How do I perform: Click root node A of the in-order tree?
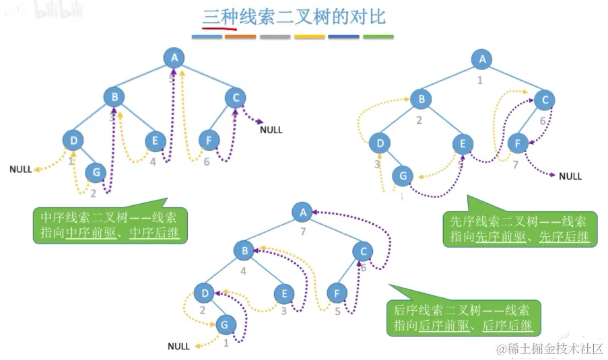point(174,58)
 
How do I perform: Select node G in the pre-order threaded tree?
point(403,177)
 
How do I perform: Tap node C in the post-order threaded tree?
point(363,251)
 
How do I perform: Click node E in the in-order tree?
point(155,141)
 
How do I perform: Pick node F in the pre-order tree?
point(517,143)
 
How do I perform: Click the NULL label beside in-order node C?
point(271,129)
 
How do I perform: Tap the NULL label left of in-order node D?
point(20,170)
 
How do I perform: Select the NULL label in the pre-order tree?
point(570,176)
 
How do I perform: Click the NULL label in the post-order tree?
point(178,347)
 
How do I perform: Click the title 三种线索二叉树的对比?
point(295,17)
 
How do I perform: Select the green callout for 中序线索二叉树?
point(110,226)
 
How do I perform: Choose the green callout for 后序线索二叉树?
point(462,318)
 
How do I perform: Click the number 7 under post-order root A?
point(303,232)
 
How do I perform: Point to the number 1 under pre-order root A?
point(480,80)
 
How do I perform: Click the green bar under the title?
point(378,37)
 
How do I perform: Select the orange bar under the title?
point(240,37)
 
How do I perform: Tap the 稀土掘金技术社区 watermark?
point(549,349)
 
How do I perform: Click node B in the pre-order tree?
point(421,100)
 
